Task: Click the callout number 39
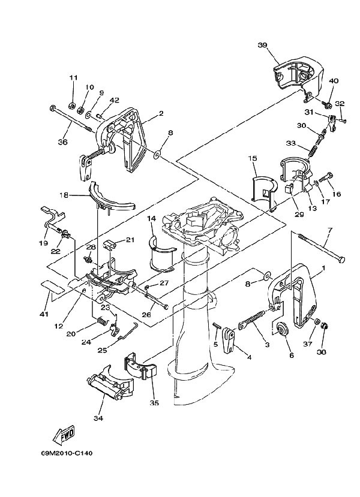pos(262,46)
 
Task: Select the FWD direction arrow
pos(63,433)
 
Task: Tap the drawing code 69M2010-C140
pos(67,453)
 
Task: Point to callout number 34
pos(98,418)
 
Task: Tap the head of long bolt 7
pos(341,260)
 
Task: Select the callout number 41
pos(44,314)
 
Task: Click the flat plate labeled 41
pos(52,285)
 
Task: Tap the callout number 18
pos(64,195)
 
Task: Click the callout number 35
pos(154,403)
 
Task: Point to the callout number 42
pos(115,100)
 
